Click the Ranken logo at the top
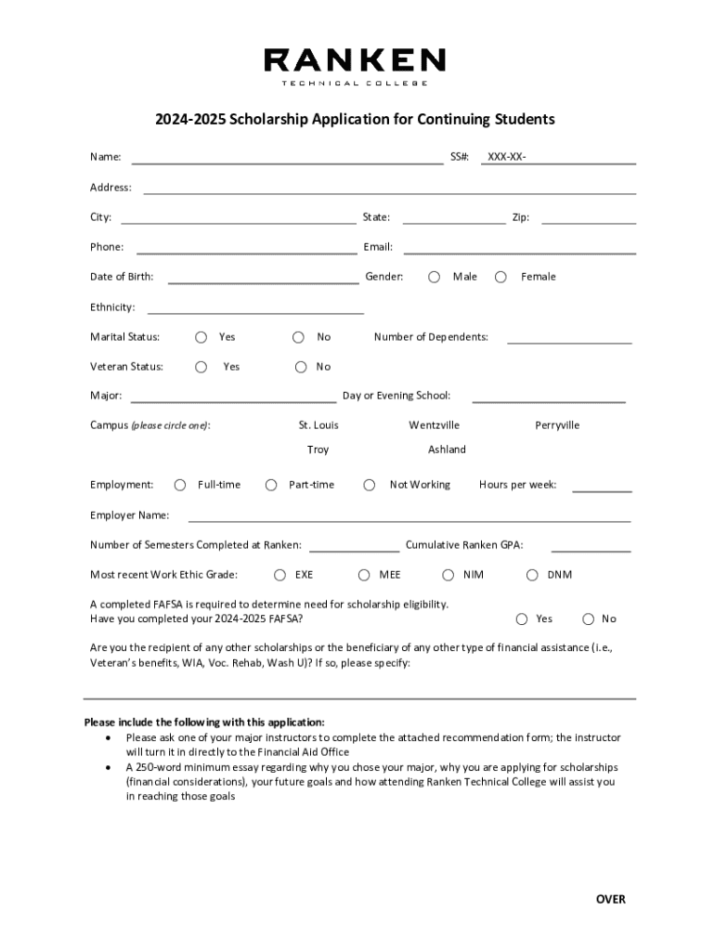pyautogui.click(x=355, y=66)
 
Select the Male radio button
pyautogui.click(x=434, y=277)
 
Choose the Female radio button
pyautogui.click(x=501, y=277)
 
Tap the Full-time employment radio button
pyautogui.click(x=179, y=485)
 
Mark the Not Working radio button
pyautogui.click(x=370, y=485)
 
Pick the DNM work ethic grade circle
pyautogui.click(x=532, y=575)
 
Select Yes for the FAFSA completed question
pyautogui.click(x=522, y=619)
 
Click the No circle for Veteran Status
pyautogui.click(x=301, y=367)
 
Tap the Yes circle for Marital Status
pyautogui.click(x=201, y=337)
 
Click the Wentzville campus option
pyautogui.click(x=434, y=425)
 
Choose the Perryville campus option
pyautogui.click(x=557, y=425)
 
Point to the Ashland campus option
pyautogui.click(x=447, y=449)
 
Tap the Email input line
pyautogui.click(x=519, y=247)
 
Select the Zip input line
pyautogui.click(x=589, y=217)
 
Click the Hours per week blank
pyautogui.click(x=602, y=485)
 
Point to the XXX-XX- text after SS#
pyautogui.click(x=506, y=158)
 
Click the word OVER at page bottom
pyautogui.click(x=611, y=899)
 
